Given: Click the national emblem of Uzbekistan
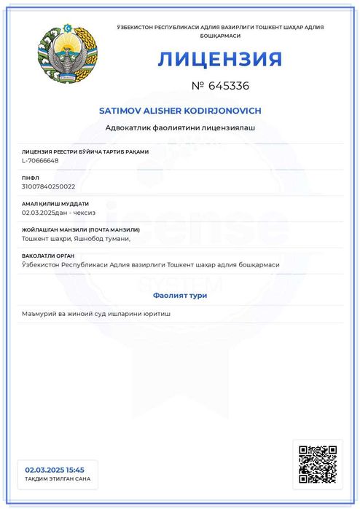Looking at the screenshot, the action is point(67,56).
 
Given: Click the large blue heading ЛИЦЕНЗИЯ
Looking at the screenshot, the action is point(219,59).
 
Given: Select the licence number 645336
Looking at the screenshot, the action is point(228,86).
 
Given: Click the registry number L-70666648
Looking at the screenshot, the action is point(41,160).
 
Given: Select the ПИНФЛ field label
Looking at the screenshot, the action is point(31,178).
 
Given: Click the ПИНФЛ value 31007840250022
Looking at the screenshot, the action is point(49,186).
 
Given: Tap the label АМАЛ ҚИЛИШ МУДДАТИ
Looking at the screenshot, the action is point(55,204).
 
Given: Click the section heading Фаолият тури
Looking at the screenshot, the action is point(180,295).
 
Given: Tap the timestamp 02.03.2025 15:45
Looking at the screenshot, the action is point(55,470).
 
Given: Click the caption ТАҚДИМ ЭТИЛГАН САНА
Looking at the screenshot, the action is point(58,479).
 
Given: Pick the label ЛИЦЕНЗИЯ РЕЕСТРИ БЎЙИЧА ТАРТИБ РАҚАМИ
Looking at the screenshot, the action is point(85,151).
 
